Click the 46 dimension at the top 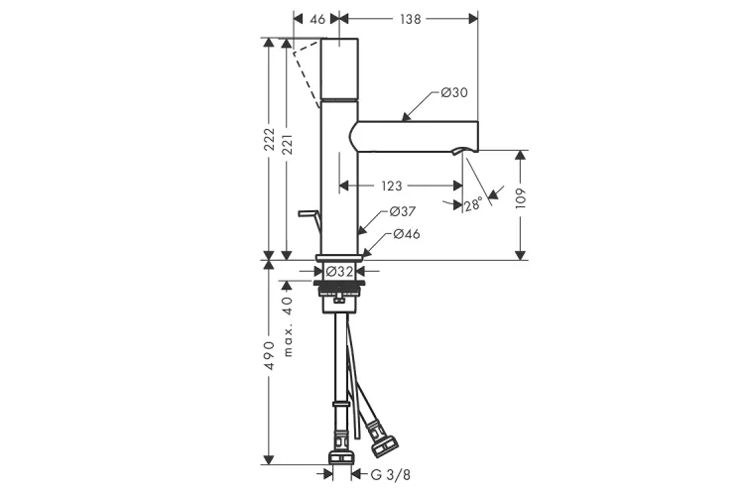317,18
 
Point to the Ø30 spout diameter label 453,93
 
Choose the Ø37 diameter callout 401,212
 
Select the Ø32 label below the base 340,270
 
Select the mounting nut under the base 340,289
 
